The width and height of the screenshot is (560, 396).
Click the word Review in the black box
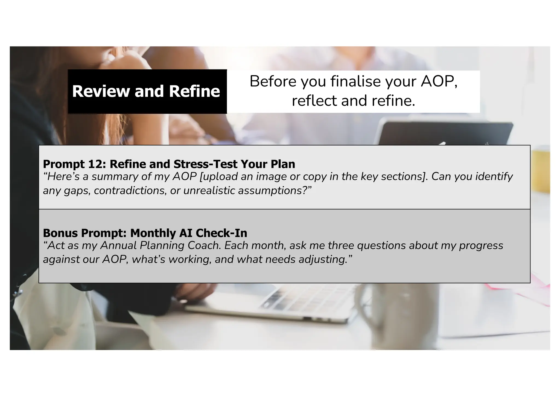coord(101,91)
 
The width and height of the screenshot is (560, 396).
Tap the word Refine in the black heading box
coord(194,91)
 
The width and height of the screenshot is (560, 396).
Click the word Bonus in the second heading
coord(60,233)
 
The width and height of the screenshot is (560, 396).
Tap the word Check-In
coord(221,233)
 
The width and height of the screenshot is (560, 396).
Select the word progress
coord(481,246)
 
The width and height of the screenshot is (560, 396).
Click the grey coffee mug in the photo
coord(388,306)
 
